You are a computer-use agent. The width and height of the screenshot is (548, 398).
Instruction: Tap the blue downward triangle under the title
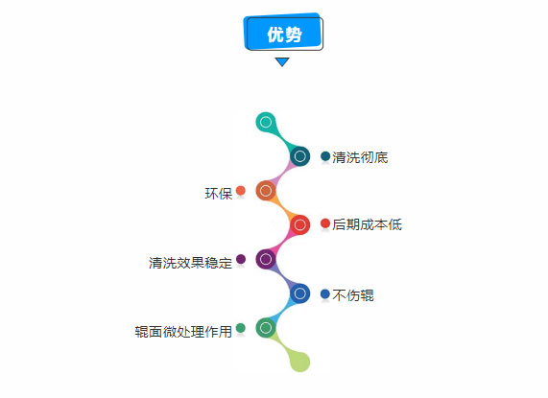282,61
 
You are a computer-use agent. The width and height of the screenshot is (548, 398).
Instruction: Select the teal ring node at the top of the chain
266,122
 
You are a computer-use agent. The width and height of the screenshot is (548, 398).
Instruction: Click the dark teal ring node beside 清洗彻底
299,156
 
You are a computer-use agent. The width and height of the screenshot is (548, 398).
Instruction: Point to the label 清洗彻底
360,157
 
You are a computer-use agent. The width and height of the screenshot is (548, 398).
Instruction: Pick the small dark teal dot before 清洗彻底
325,156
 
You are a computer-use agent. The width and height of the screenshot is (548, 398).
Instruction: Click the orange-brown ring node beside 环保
266,191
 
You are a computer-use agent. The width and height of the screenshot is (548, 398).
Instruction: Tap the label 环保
219,194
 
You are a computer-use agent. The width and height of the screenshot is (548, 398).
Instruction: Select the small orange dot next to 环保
241,191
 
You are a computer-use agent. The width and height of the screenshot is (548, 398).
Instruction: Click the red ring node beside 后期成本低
299,224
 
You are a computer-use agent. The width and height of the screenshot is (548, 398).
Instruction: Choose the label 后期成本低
367,224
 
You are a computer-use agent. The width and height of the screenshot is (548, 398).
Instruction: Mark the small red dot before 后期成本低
325,223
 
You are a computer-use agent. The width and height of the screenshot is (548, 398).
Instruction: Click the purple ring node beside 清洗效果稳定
266,259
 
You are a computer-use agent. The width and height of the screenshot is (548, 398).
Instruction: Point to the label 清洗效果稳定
190,263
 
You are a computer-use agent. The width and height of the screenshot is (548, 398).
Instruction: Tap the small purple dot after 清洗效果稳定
241,259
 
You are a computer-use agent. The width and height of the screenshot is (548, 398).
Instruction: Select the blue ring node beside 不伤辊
299,293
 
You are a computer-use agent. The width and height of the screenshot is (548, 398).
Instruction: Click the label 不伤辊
353,295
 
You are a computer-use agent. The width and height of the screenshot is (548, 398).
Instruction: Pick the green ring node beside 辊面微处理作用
266,327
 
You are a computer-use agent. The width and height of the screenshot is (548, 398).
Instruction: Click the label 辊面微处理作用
183,331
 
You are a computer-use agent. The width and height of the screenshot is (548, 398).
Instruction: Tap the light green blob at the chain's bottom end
299,362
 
